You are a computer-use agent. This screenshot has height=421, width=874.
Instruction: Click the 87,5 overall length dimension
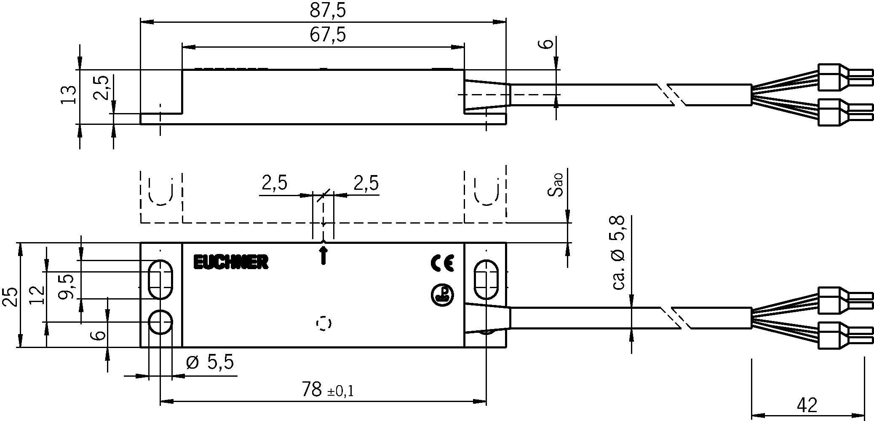click(328, 11)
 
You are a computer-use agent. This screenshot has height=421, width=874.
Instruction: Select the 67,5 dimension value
click(328, 35)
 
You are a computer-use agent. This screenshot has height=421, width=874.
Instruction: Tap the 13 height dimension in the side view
click(69, 94)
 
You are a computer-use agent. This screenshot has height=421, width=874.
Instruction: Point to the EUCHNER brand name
click(231, 262)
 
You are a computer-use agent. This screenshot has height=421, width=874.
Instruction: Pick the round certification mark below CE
click(442, 295)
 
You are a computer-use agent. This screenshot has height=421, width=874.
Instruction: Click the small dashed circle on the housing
click(323, 324)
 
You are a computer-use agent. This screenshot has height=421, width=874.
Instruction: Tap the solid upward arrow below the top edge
click(323, 256)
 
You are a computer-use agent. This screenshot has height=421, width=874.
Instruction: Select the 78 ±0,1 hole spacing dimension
click(328, 390)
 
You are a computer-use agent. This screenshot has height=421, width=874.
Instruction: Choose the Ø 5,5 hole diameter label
click(210, 362)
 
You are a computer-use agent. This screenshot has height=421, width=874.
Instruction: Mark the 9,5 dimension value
click(67, 286)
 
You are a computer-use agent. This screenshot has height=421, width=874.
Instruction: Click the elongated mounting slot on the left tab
click(160, 280)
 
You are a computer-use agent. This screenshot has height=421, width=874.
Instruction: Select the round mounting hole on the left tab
click(160, 322)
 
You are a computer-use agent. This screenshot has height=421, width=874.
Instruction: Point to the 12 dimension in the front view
click(38, 295)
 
